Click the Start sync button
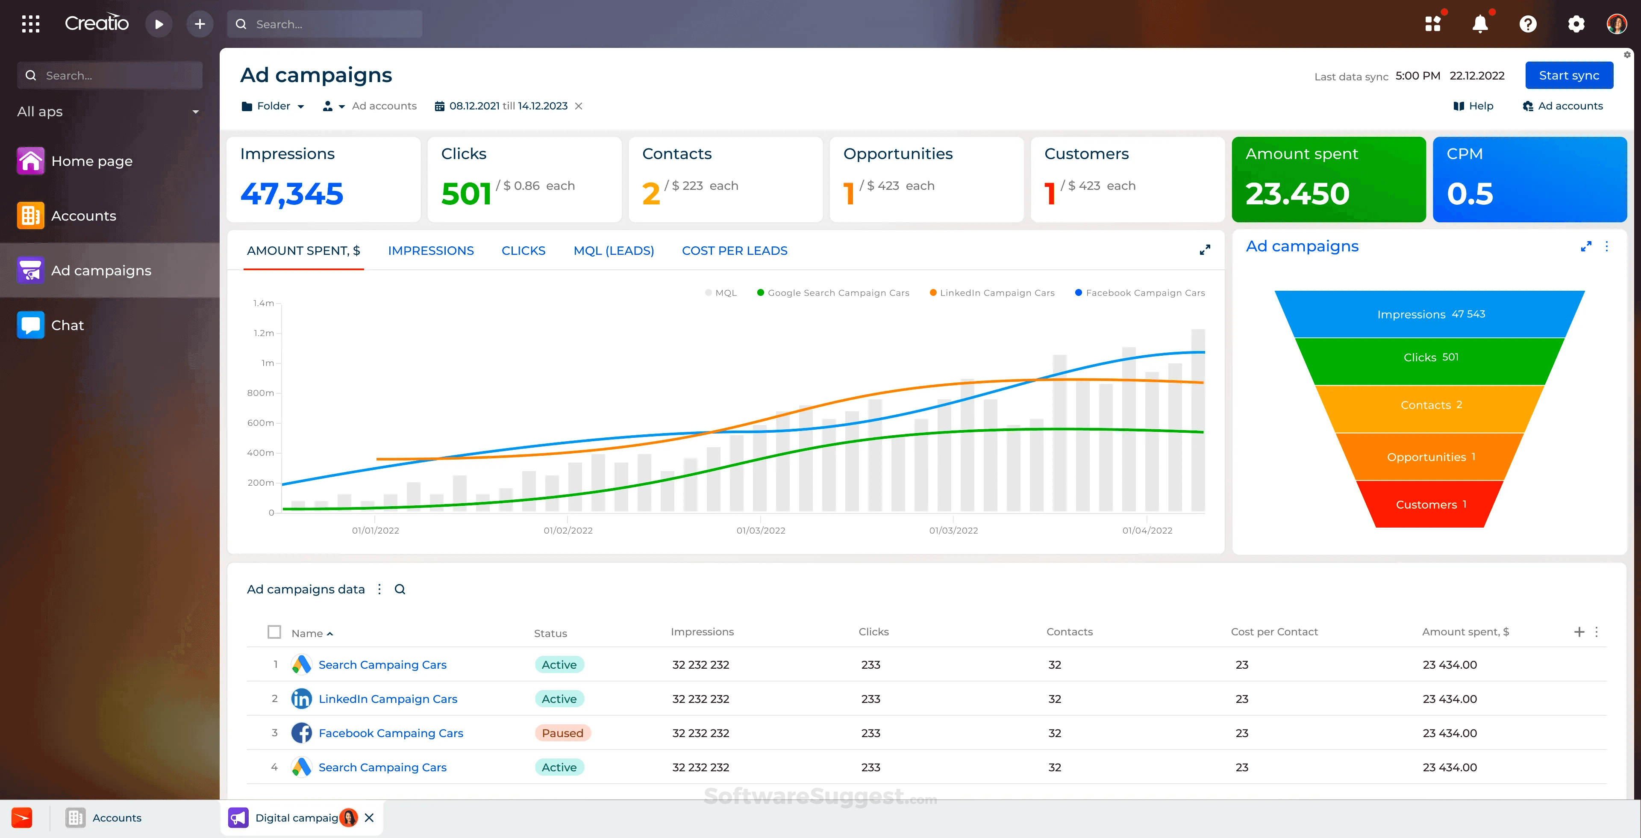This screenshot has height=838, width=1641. tap(1568, 75)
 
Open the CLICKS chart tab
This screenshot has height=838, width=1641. tap(523, 251)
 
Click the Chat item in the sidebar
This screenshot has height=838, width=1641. tap(67, 325)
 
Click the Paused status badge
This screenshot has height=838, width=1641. tap(562, 733)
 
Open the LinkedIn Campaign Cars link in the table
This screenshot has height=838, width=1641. tap(387, 699)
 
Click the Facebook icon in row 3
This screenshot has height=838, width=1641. tap(301, 733)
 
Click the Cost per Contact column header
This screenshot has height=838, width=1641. tap(1274, 631)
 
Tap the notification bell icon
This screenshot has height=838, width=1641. tap(1480, 24)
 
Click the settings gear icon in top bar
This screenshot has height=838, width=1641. tap(1575, 24)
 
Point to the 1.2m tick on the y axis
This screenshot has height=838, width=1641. tap(264, 333)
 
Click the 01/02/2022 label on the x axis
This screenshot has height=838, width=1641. tap(568, 530)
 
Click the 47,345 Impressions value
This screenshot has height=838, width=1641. tap(292, 194)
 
